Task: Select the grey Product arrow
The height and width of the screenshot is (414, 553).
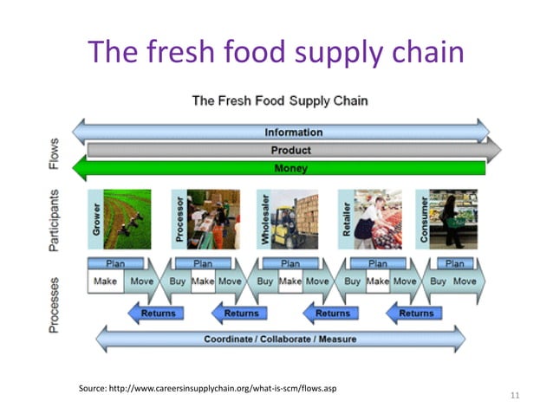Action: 290,151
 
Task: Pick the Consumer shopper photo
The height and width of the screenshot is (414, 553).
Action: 454,219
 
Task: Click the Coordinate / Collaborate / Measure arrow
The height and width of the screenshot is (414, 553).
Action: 279,338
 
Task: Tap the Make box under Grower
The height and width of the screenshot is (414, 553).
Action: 107,281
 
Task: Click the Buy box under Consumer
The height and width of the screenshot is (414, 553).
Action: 439,281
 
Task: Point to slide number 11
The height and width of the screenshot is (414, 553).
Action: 515,396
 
